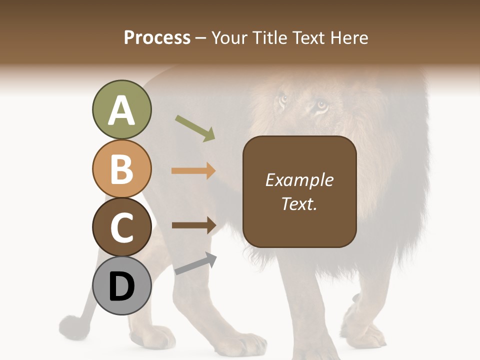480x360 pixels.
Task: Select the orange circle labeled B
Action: click(x=121, y=169)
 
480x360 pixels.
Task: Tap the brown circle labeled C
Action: click(x=121, y=227)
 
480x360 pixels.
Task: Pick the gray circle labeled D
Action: click(x=121, y=286)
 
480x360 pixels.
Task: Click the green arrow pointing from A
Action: click(x=195, y=128)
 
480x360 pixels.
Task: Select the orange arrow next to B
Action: click(x=193, y=171)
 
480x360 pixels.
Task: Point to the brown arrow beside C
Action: click(x=193, y=225)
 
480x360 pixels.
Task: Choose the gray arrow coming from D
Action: click(x=195, y=263)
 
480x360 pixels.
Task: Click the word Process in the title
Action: click(x=157, y=37)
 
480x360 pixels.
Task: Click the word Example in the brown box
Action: click(x=299, y=180)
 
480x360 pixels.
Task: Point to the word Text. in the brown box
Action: click(x=299, y=203)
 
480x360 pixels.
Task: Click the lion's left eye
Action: click(x=283, y=99)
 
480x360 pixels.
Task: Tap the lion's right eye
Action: click(x=321, y=105)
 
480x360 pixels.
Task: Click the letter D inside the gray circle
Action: click(x=121, y=287)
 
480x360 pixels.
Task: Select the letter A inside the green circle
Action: click(x=121, y=111)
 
